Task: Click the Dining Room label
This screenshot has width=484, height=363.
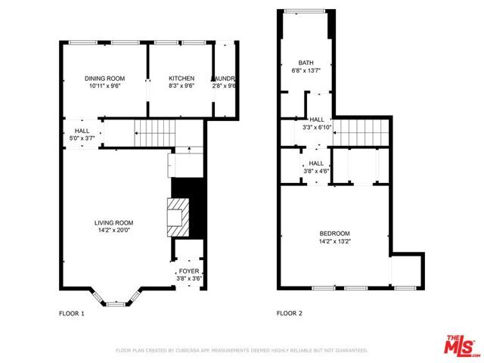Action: coord(104,79)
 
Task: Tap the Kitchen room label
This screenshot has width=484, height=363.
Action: coord(181,79)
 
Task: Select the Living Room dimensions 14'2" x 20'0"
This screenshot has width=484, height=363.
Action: coord(114,230)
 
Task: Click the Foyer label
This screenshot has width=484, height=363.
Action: coord(188,271)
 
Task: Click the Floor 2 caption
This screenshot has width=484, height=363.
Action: coord(290,312)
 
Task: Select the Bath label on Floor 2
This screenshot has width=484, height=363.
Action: coord(306,63)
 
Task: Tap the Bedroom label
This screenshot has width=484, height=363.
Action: coord(334,233)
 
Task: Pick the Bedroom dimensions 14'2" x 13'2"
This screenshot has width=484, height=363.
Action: coord(334,240)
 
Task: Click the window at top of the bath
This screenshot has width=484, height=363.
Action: coord(305,11)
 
